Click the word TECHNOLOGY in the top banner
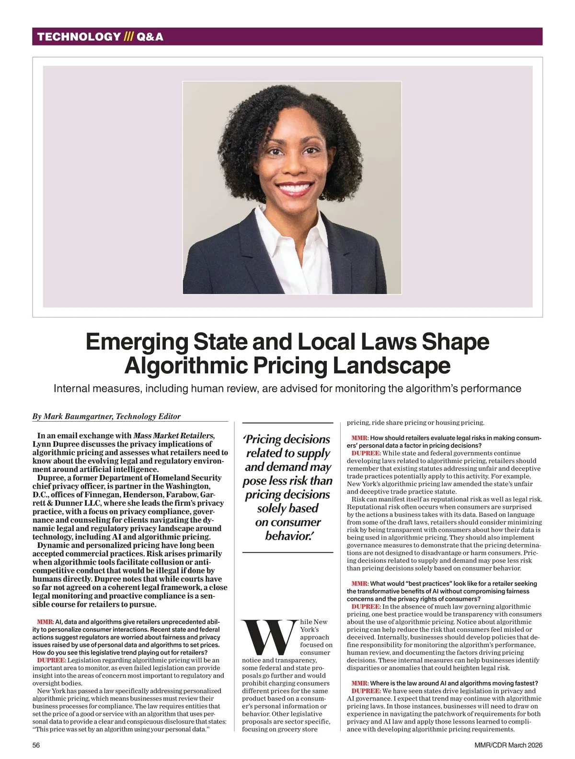point(79,36)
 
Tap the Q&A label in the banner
point(149,36)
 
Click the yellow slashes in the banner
point(128,36)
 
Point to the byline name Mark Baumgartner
point(78,416)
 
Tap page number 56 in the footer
point(36,745)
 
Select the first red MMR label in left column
point(45,622)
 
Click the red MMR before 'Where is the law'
point(359,683)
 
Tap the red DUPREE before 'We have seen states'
point(366,691)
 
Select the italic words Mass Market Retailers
point(173,436)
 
